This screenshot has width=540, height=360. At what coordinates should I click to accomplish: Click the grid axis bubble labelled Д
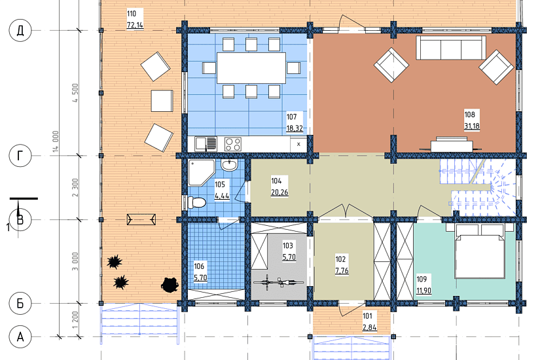coord(20,30)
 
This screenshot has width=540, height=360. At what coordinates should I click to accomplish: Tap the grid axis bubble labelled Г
coord(20,156)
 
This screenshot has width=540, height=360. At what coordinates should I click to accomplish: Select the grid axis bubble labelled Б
coord(20,304)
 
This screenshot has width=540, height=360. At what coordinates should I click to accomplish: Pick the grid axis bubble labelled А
coord(20,336)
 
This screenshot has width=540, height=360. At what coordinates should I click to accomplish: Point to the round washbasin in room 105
coord(229,166)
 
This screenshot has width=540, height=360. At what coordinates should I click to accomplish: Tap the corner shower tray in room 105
coord(202,173)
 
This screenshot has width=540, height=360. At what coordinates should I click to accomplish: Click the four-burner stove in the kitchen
coord(233,144)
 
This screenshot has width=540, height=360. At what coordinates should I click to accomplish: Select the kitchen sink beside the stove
coord(206,144)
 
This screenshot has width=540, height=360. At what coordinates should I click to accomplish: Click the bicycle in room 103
coord(278,283)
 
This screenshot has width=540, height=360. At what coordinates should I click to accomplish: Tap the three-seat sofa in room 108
coord(451,48)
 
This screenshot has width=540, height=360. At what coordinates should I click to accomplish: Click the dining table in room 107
coord(251,68)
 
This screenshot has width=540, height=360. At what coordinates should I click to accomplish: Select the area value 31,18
coord(471,126)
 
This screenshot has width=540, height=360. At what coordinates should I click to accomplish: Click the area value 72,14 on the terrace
coord(135,25)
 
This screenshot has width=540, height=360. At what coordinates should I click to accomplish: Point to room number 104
coord(276,181)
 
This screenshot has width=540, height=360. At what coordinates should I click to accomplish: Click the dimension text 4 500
coord(75,93)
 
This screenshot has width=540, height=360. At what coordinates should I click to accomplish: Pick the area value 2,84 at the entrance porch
coord(370,327)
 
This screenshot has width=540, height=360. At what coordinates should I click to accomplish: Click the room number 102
coord(340,259)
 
